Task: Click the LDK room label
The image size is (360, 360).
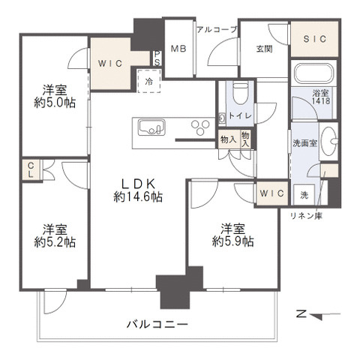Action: (x=138, y=181)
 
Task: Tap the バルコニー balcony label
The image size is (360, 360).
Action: (x=157, y=324)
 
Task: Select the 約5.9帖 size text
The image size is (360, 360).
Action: (x=232, y=241)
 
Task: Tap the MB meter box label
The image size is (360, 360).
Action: (x=178, y=49)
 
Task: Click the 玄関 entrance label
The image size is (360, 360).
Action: (x=263, y=49)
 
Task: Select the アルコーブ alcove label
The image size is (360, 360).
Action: (x=217, y=29)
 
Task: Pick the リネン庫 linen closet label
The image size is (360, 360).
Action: (x=306, y=216)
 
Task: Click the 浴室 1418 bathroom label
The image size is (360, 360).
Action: (x=320, y=97)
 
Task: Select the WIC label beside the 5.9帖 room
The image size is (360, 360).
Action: (x=271, y=193)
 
